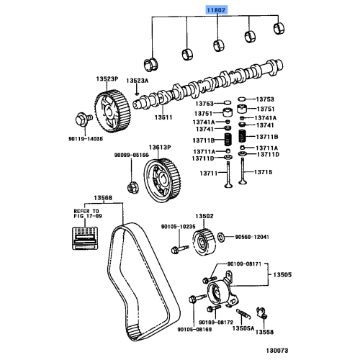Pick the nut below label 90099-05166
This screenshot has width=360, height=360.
click(x=132, y=189)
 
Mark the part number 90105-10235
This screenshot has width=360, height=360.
click(x=178, y=226)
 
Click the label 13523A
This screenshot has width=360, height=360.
click(x=137, y=81)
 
